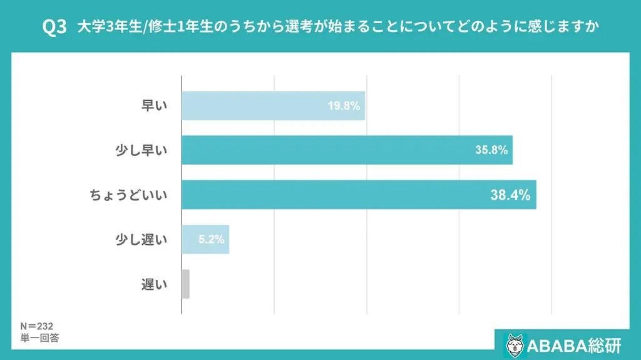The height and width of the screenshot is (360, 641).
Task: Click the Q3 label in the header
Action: point(54,28)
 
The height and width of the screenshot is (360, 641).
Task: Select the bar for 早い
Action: point(273,106)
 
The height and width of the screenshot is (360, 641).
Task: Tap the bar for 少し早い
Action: point(347,150)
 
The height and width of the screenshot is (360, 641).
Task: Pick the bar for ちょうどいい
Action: point(359,195)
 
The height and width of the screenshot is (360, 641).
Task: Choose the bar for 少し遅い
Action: point(205,239)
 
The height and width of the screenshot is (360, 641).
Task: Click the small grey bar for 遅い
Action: point(185,284)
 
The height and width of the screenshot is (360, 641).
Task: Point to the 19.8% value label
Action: point(344,106)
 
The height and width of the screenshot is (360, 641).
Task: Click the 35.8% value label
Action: point(491,150)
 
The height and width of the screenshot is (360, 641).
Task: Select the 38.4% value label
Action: point(510,195)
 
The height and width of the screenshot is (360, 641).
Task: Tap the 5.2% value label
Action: point(211,239)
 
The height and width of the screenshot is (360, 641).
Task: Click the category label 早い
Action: point(154,106)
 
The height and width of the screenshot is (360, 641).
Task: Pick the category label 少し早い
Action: point(141,150)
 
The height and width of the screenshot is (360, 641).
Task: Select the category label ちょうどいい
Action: point(128,195)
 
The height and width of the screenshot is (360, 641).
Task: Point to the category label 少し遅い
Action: point(141,239)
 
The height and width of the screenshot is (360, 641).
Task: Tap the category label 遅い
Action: point(154,284)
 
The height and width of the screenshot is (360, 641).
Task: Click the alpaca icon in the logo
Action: point(515,344)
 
